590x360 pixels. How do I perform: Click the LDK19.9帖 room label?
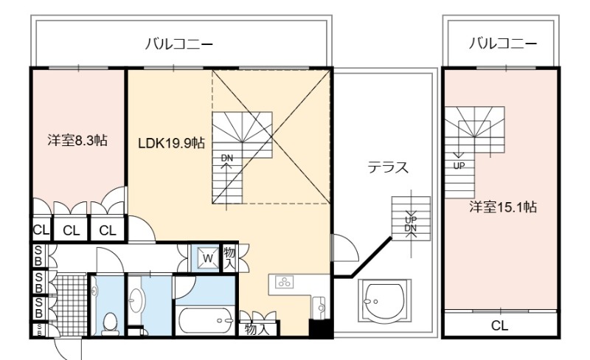(171, 143)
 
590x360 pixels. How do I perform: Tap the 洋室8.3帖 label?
(77, 140)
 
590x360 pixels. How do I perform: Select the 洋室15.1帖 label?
(503, 207)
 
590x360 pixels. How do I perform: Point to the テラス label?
(388, 167)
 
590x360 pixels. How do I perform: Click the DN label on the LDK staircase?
(227, 158)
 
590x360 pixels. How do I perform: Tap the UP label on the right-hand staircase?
(459, 165)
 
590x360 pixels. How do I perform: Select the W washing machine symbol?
(208, 258)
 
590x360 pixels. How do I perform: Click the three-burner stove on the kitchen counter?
(285, 281)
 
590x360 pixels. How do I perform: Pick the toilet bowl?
(110, 324)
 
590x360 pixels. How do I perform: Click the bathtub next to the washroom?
(206, 320)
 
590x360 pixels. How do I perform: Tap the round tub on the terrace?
(384, 302)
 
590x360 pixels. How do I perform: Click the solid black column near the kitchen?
(319, 328)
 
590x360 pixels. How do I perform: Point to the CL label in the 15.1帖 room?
(499, 325)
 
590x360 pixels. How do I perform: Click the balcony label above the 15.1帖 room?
(502, 44)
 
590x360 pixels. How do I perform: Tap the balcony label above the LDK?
(179, 44)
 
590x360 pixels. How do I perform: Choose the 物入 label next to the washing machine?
(229, 257)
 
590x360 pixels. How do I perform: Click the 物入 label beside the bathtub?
(257, 329)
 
